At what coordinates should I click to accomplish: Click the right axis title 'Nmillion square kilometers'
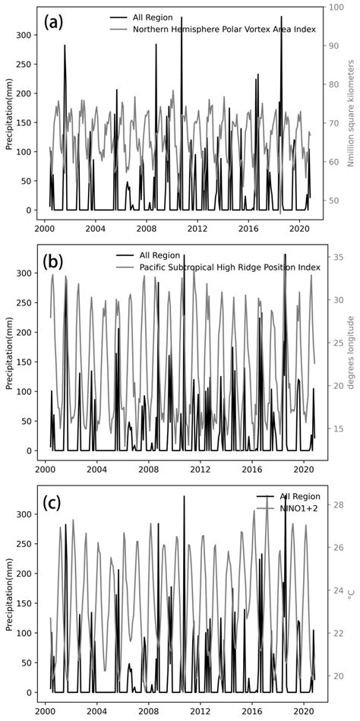(x=350, y=114)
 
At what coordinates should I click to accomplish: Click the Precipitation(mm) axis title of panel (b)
(x=11, y=353)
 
